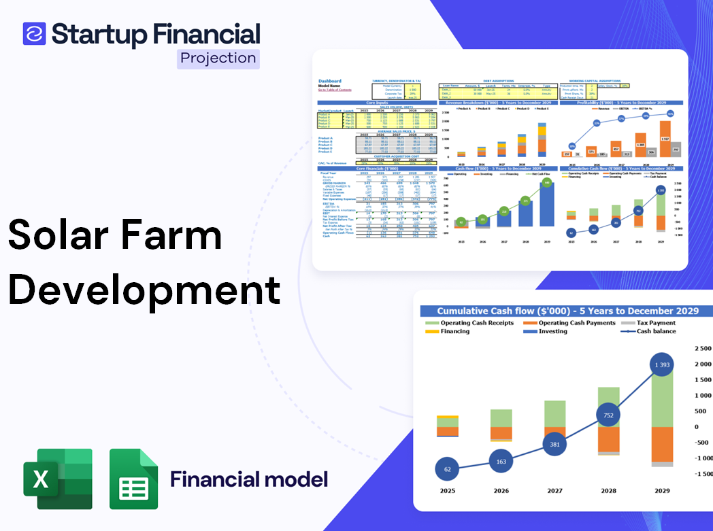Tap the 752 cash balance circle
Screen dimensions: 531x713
click(608, 415)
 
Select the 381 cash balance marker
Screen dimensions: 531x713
click(554, 445)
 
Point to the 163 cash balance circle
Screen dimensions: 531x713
click(501, 462)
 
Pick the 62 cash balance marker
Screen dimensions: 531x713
click(447, 469)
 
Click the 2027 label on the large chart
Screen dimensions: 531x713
click(554, 490)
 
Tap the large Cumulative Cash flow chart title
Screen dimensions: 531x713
click(567, 311)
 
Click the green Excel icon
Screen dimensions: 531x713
click(57, 479)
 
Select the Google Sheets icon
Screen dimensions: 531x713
click(133, 479)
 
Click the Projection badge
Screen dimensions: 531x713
click(218, 58)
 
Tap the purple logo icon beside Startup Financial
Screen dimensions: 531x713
click(34, 33)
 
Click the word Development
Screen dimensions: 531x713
click(144, 289)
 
